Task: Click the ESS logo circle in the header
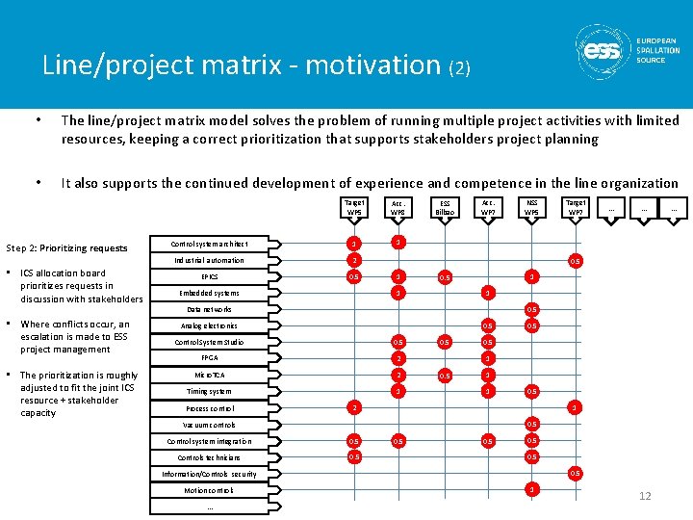(x=603, y=48)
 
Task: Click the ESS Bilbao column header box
(x=444, y=208)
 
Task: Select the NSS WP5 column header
(x=530, y=208)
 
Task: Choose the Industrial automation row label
(x=209, y=260)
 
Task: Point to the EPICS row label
(x=209, y=276)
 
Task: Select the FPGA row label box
(x=209, y=357)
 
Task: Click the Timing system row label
(x=209, y=391)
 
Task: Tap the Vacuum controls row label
(x=209, y=425)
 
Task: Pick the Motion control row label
(x=209, y=490)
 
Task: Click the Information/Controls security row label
(x=209, y=474)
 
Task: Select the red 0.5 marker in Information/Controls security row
(x=575, y=473)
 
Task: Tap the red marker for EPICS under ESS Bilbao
(x=444, y=277)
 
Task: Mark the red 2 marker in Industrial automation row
(x=354, y=260)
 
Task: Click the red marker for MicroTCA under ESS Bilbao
(x=444, y=375)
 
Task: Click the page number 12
(x=645, y=496)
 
